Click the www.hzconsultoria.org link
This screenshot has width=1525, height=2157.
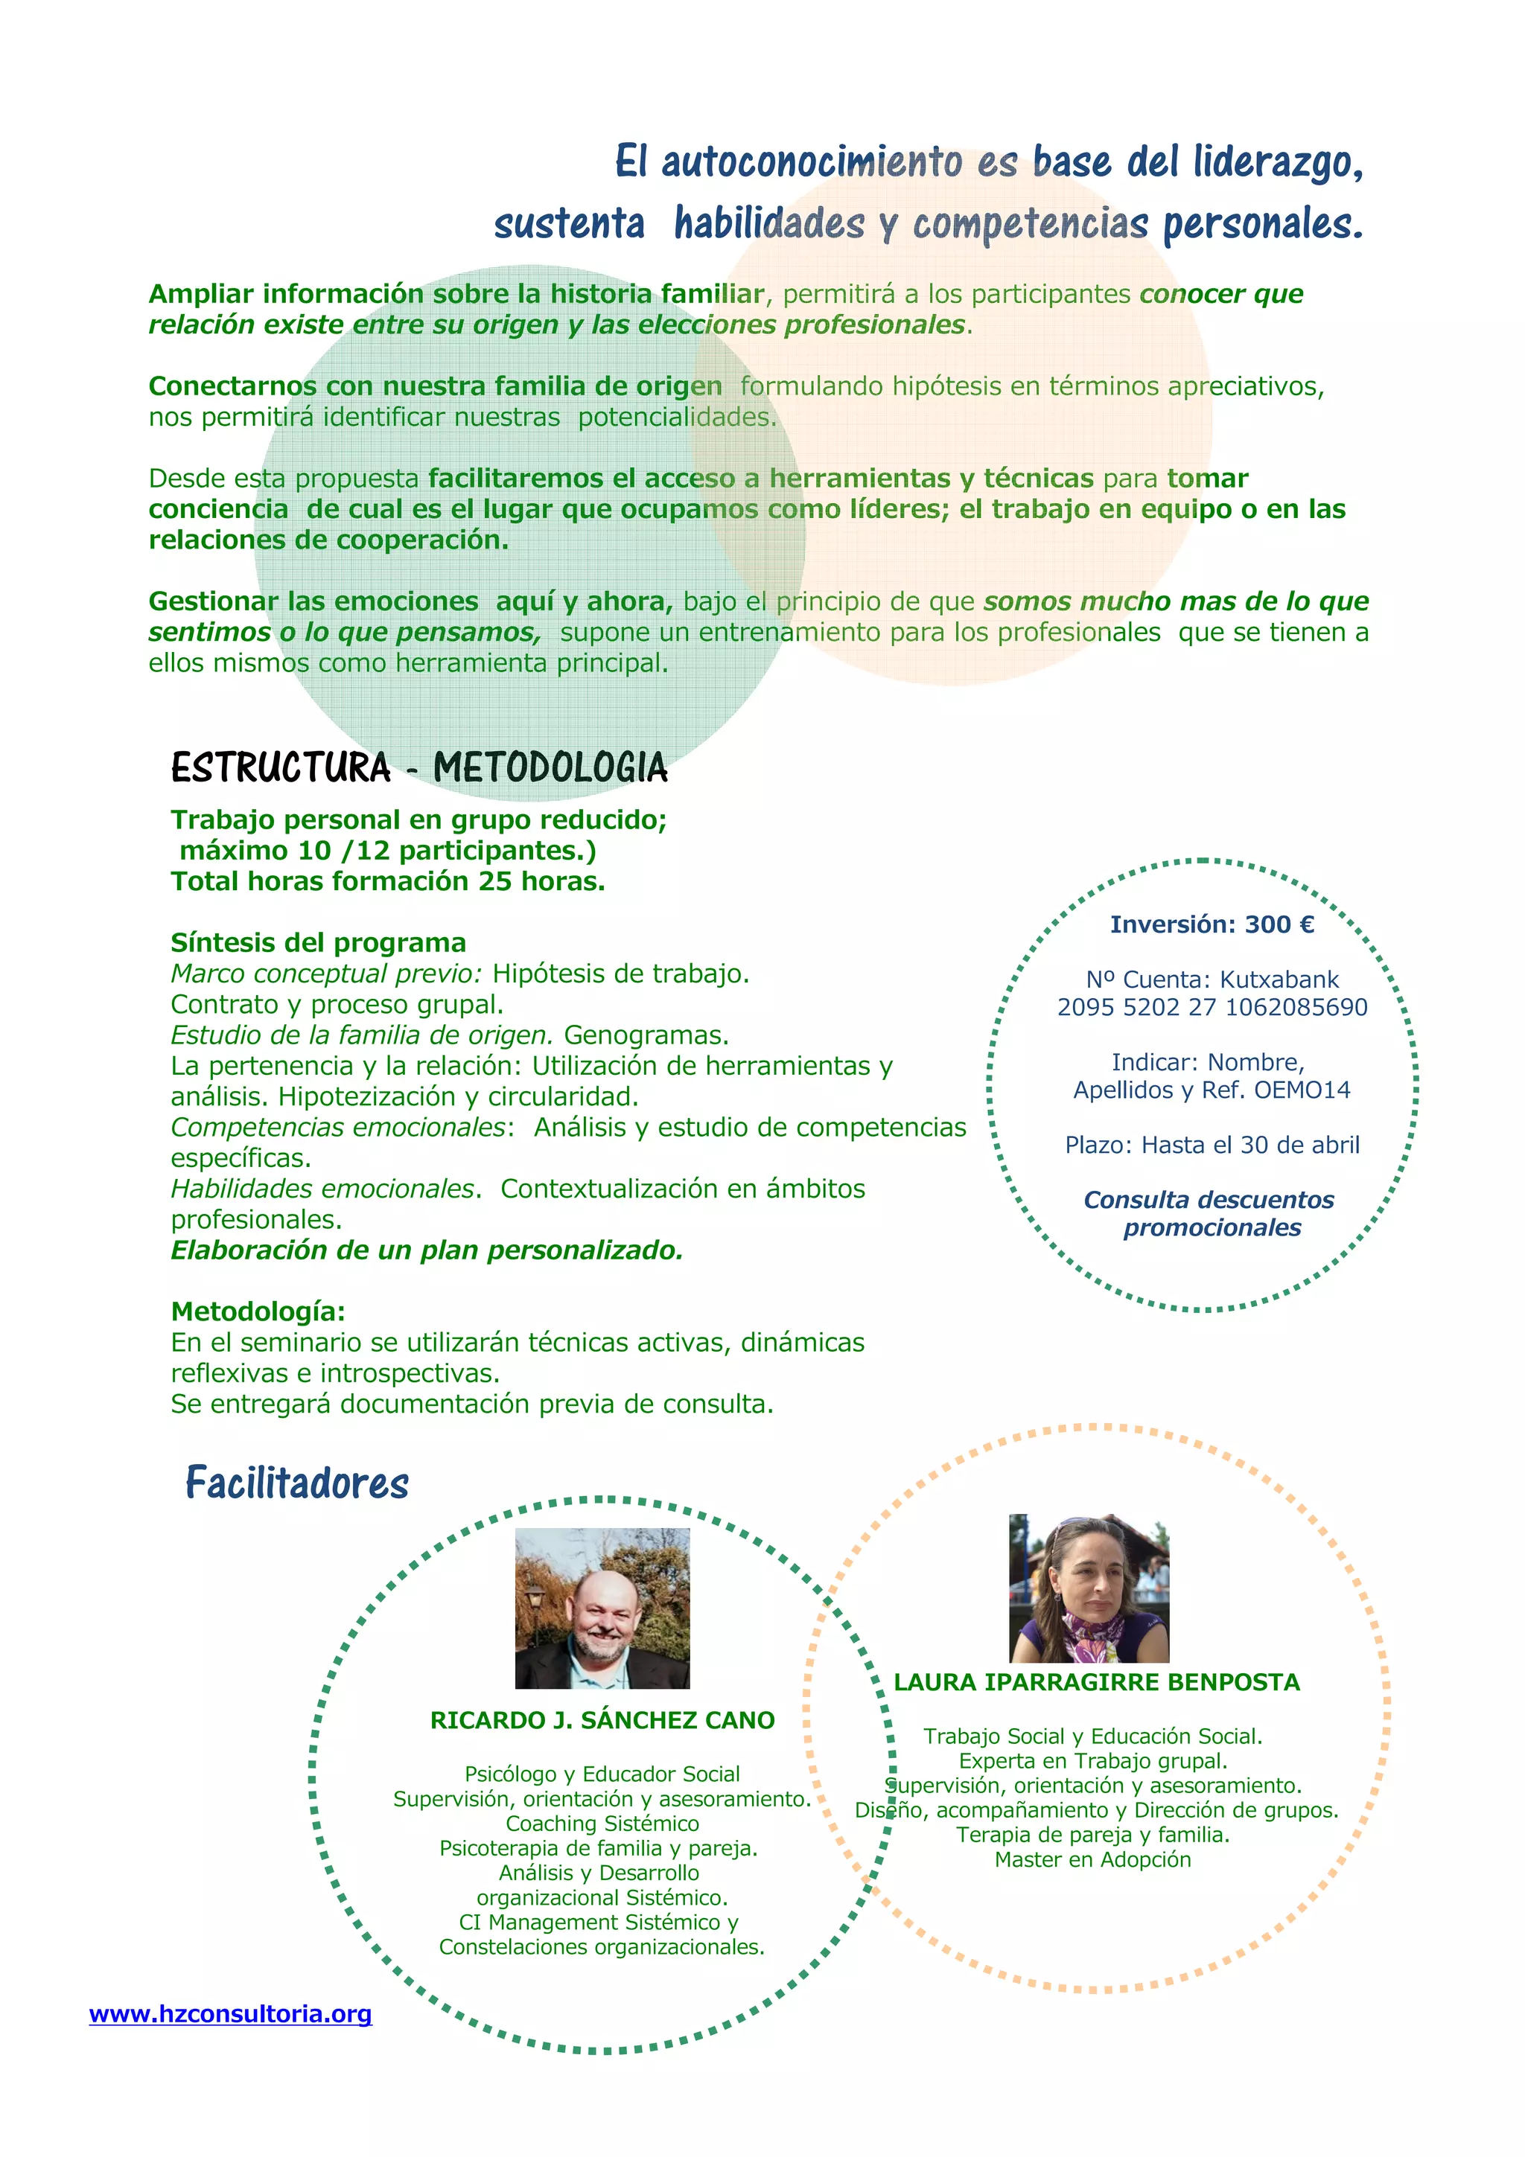pos(230,2014)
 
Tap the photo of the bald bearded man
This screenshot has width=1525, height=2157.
pos(602,1608)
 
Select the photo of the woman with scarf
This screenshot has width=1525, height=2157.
pos(1089,1588)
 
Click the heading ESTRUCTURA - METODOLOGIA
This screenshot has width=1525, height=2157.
pos(419,767)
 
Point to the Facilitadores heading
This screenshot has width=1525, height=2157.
pos(297,1483)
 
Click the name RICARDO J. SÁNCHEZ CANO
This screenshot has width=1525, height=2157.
pos(602,1720)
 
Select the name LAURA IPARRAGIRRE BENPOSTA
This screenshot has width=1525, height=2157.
pos(1097,1681)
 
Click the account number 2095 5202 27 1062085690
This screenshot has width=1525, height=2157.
pos(1212,1007)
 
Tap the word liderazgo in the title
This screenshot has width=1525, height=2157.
pos(1277,162)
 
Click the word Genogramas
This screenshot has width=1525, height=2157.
pos(646,1035)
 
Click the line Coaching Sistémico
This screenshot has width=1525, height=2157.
pos(602,1824)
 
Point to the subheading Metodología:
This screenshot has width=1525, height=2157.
pos(258,1311)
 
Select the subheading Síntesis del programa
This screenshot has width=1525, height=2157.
pos(318,942)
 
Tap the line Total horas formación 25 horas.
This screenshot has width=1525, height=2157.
pos(387,881)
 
